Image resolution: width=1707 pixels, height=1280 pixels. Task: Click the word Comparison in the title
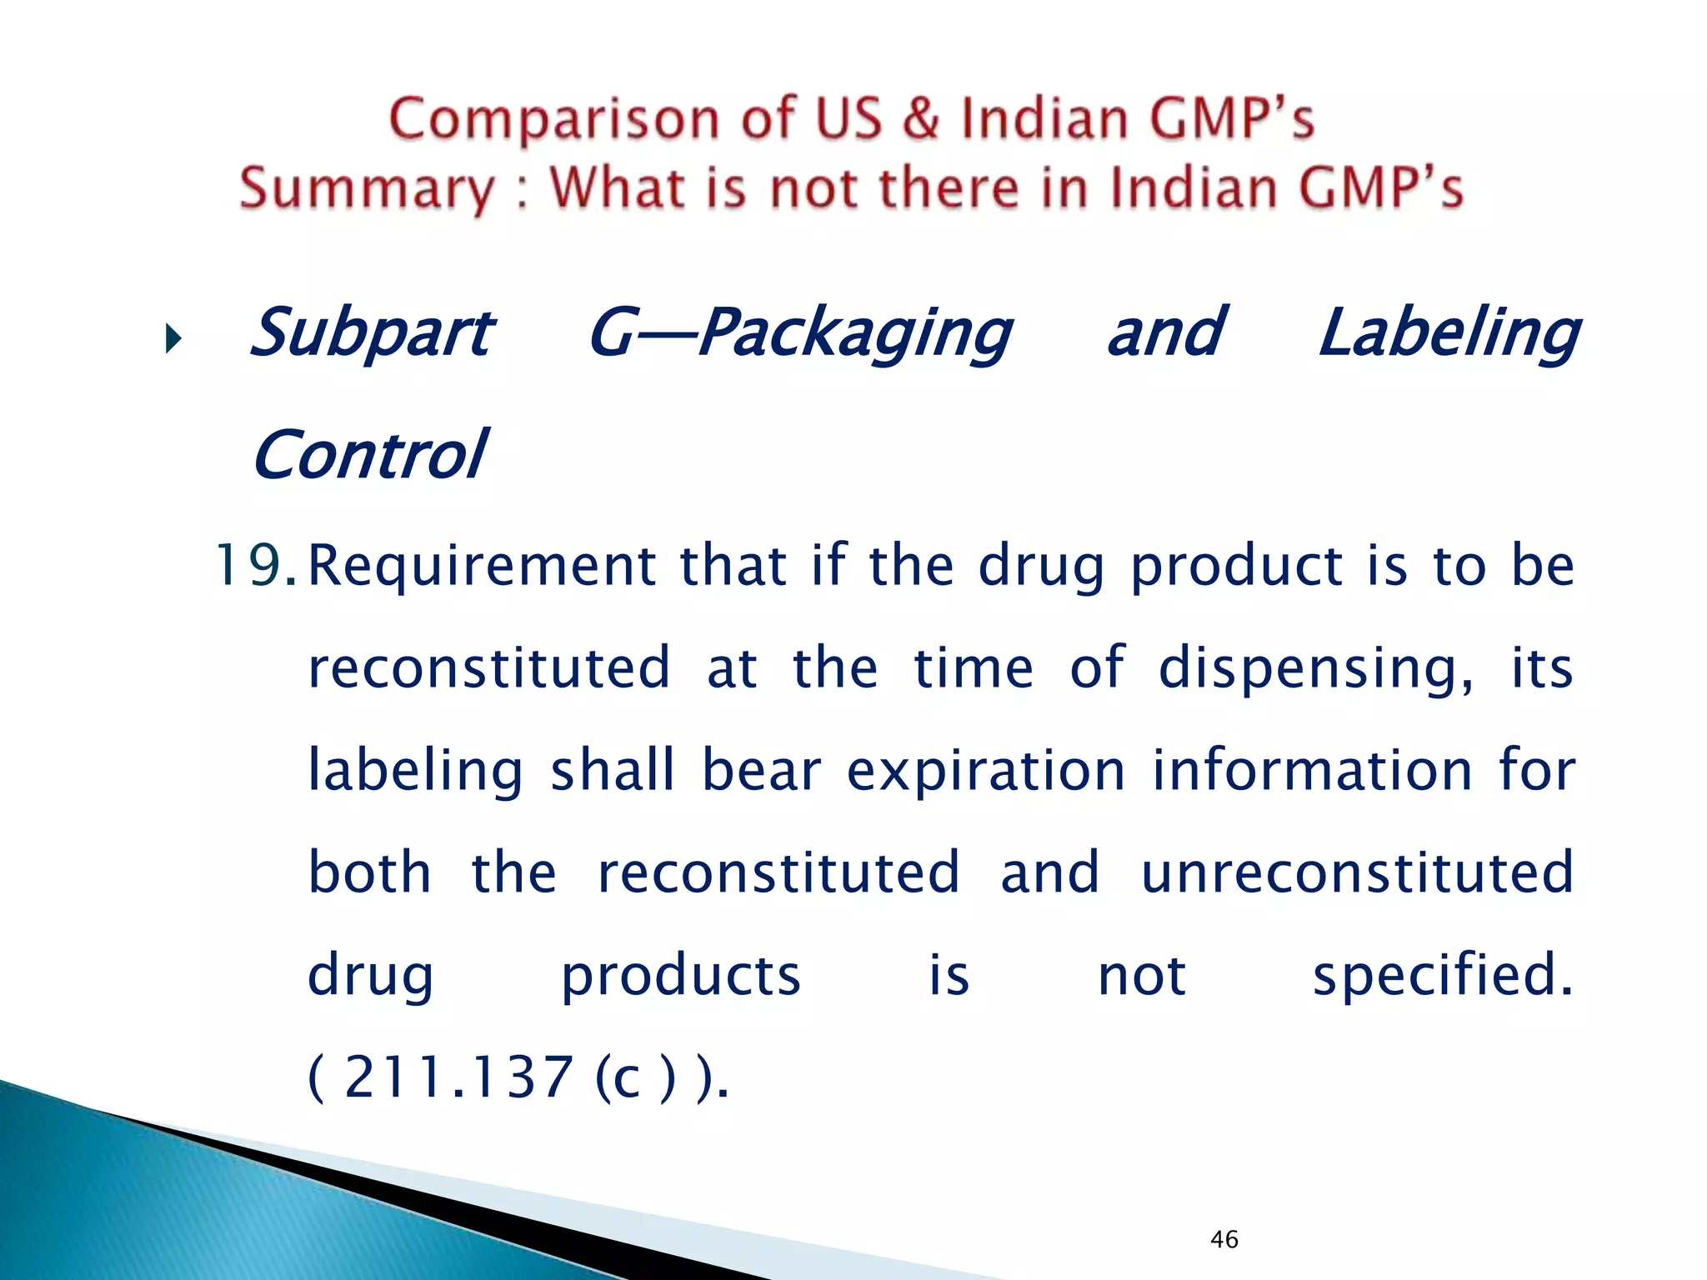coord(553,119)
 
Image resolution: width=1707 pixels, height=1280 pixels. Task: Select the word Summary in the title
coord(368,188)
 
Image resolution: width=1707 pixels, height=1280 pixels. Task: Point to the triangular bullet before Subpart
coord(173,338)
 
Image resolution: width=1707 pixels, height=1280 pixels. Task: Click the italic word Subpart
coord(372,333)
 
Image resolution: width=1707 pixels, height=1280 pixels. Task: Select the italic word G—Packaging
coord(800,333)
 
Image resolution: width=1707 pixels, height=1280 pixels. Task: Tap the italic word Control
coord(369,455)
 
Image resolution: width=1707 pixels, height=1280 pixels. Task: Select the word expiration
coord(986,771)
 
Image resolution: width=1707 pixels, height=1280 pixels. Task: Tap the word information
coord(1312,769)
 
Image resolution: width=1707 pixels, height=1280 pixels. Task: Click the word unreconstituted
coord(1357,872)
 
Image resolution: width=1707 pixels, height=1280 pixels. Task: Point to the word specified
coord(1442,975)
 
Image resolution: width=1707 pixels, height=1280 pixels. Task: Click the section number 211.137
coord(458,1077)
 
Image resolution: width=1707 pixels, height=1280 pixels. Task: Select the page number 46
coord(1224,1239)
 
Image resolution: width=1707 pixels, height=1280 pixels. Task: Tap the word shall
coord(612,769)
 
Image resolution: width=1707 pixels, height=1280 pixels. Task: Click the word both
coord(369,872)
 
